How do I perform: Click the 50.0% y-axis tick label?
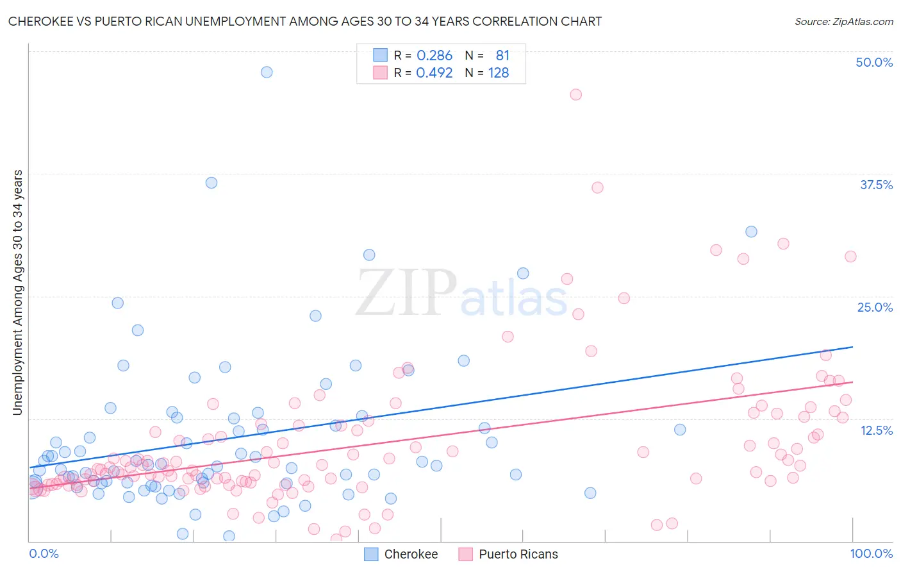click(x=874, y=62)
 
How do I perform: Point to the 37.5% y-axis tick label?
click(x=876, y=185)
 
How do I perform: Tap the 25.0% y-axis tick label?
click(x=875, y=308)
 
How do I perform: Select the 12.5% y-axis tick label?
click(x=877, y=430)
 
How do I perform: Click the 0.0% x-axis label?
click(x=44, y=553)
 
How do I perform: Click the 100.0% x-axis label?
click(x=872, y=553)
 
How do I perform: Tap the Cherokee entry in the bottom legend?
click(x=401, y=554)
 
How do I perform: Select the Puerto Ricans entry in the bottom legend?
click(x=508, y=554)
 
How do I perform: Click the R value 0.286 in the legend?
click(x=434, y=55)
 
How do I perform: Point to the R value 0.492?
click(x=434, y=73)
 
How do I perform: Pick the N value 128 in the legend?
click(x=499, y=73)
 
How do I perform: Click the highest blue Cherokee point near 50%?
click(x=267, y=72)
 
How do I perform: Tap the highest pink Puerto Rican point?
click(x=575, y=95)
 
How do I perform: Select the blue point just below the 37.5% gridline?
click(x=211, y=183)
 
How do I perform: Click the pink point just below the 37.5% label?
click(x=597, y=188)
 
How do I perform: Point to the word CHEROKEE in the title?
click(x=40, y=21)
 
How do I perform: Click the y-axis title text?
click(x=18, y=292)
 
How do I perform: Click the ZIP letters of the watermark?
click(x=406, y=292)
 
